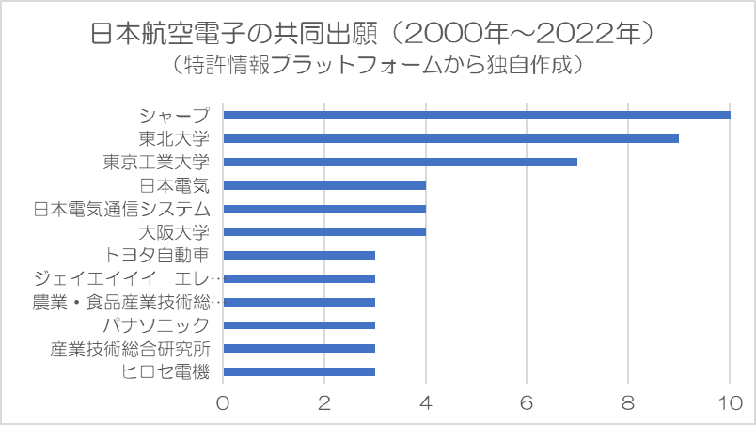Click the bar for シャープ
(x=477, y=115)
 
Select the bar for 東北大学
(x=451, y=139)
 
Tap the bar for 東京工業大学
(x=401, y=162)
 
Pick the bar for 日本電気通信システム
(x=324, y=209)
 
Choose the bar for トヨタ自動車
(x=299, y=256)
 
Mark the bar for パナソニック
(x=299, y=325)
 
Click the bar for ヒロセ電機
(x=299, y=371)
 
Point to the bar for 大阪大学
(x=324, y=231)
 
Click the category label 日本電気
(x=175, y=185)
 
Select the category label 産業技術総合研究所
(x=130, y=349)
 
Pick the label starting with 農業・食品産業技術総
(x=126, y=303)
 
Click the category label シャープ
(x=175, y=116)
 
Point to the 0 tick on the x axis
(x=223, y=403)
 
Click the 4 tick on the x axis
(x=426, y=403)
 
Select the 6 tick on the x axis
(x=527, y=403)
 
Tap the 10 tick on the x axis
(x=730, y=403)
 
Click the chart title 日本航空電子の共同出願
(x=234, y=34)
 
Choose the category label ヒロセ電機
(x=165, y=372)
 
